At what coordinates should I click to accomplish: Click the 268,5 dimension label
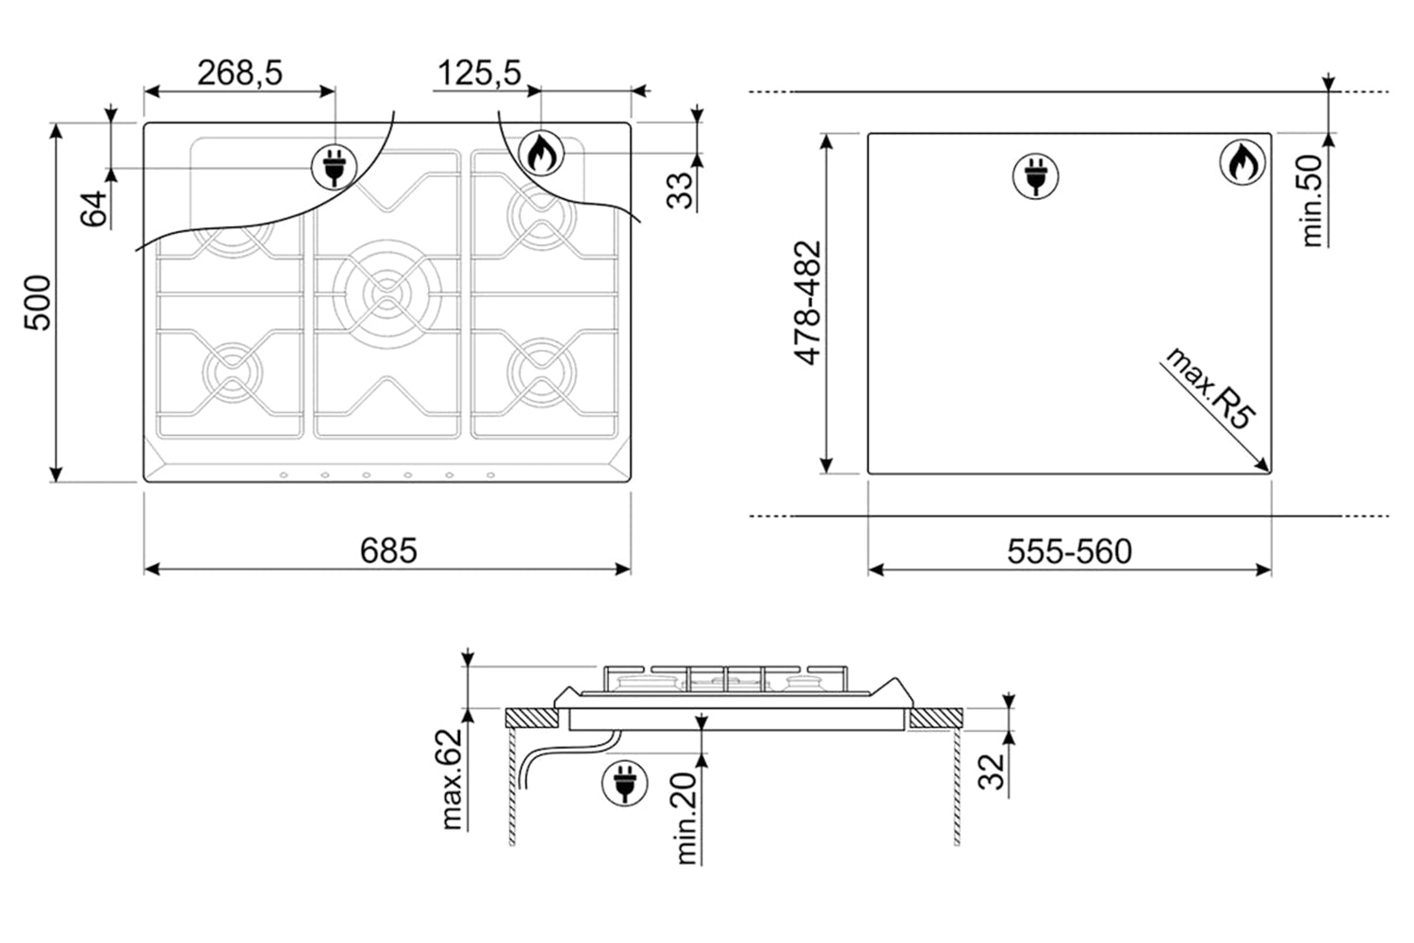pos(239,74)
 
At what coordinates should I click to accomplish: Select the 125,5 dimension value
pos(479,74)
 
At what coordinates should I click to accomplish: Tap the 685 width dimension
pos(388,551)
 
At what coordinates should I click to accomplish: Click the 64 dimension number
pos(93,208)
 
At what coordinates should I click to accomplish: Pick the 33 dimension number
pos(680,190)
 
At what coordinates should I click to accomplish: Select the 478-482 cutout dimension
pos(807,304)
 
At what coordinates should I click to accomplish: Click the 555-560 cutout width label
pos(1069,552)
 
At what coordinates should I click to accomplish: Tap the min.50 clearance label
pos(1312,201)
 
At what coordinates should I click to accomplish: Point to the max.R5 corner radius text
pos(1208,389)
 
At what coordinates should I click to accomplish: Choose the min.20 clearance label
pos(686,818)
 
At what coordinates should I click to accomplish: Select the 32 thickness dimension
pos(991,771)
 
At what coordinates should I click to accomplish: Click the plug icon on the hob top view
pos(335,167)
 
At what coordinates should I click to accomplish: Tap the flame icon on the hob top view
pos(541,153)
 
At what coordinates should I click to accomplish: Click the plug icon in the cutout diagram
pos(1035,176)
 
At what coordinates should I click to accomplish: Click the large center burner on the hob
pos(386,294)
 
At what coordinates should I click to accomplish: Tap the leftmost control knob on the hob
pos(284,475)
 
